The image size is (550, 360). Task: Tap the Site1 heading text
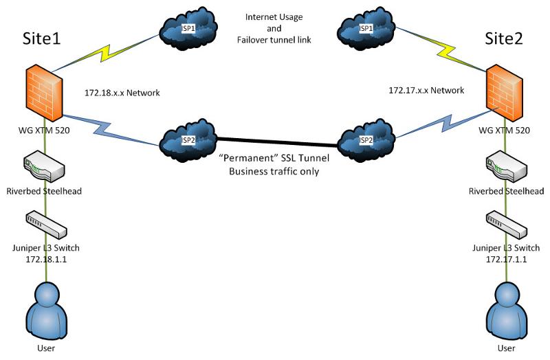42,38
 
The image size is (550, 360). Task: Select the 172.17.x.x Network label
426,90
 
